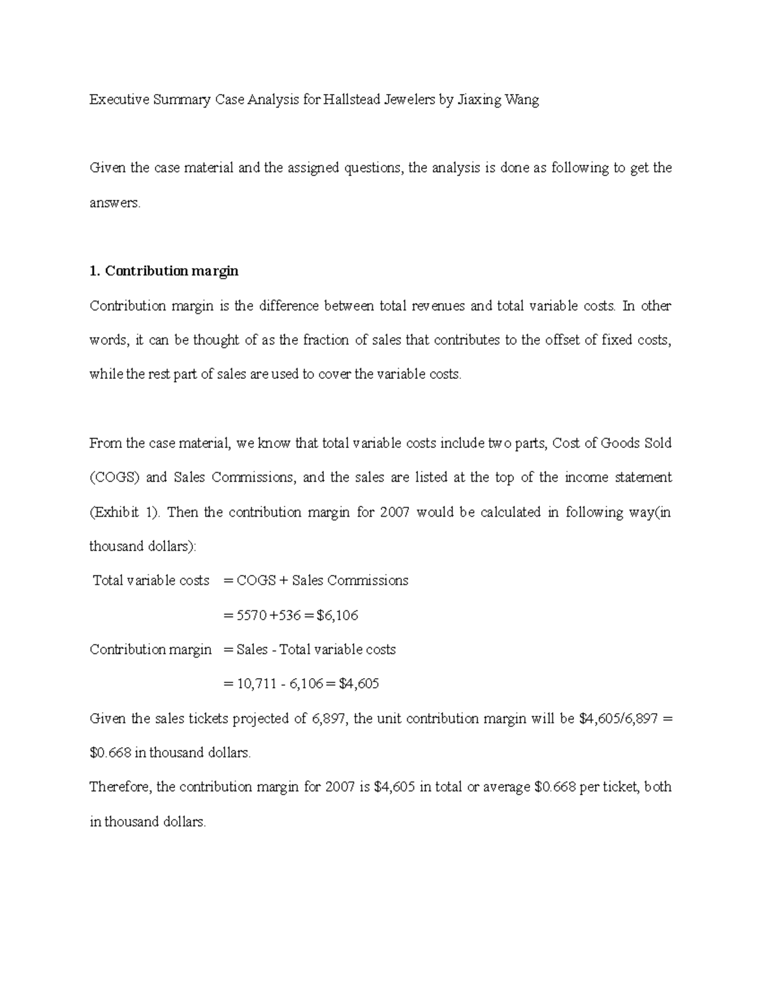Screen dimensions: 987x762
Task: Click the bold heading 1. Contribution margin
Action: point(164,271)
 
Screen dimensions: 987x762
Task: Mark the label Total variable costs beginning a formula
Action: point(151,580)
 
